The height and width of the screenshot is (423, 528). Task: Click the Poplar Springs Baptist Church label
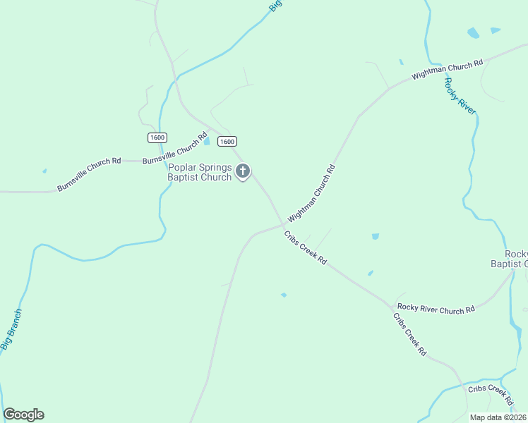(x=199, y=172)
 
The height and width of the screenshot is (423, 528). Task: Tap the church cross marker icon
(x=243, y=171)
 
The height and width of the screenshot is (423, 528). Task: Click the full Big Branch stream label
(x=11, y=329)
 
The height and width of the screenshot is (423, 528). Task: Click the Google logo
(x=23, y=415)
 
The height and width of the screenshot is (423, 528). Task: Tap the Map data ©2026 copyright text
(x=498, y=417)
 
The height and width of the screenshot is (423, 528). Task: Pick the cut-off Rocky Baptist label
(x=509, y=259)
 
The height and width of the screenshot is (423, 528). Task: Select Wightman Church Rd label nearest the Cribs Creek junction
(x=311, y=194)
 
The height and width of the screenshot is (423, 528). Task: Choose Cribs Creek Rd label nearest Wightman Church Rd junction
(x=306, y=247)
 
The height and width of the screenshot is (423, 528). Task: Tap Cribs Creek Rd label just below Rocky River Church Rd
(x=410, y=333)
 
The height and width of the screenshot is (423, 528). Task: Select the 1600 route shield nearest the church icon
(x=227, y=141)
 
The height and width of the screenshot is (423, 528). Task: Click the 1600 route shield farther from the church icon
(x=157, y=137)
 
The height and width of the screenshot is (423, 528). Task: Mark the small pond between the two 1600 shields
(x=207, y=142)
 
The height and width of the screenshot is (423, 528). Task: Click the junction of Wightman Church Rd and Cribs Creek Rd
(x=283, y=226)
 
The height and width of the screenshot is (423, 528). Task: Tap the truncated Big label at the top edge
(x=276, y=5)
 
